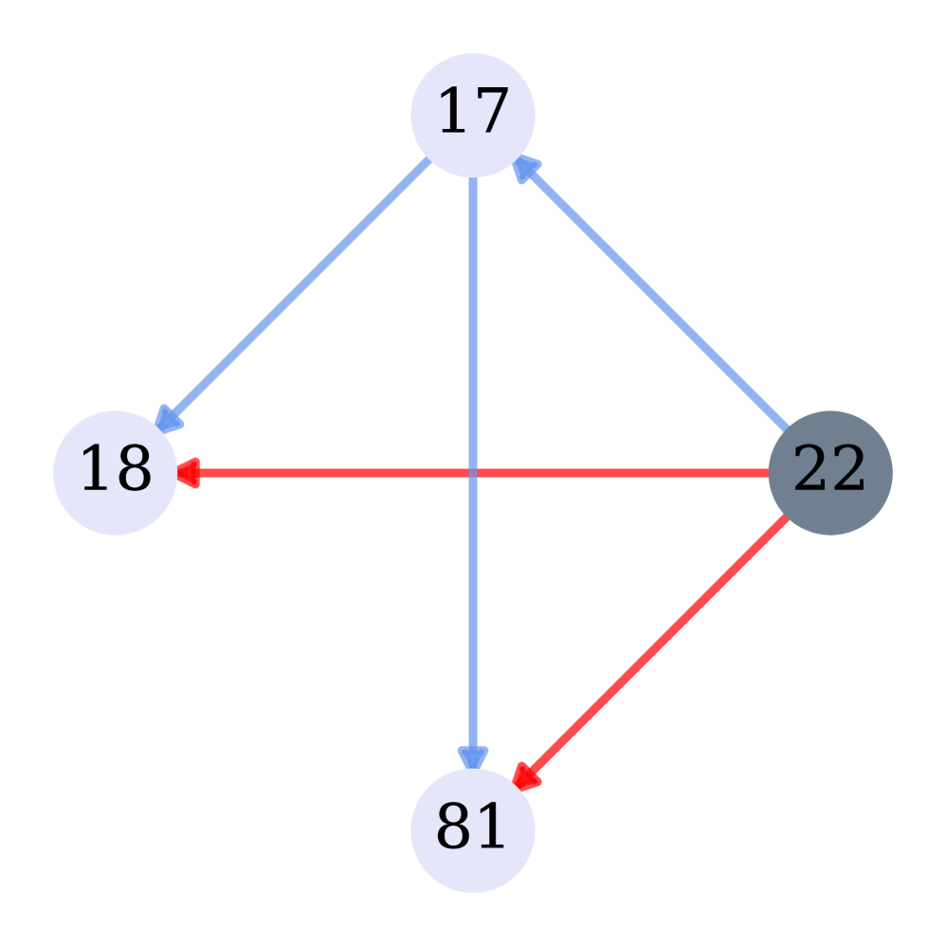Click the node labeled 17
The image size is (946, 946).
coord(472,115)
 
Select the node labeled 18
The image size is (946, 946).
coord(115,472)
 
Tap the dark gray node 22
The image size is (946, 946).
coord(829,472)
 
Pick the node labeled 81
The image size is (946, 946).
coord(472,829)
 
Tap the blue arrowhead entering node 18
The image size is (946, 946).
coord(167,420)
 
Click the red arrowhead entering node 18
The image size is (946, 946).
coord(188,472)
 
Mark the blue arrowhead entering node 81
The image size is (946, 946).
coord(472,756)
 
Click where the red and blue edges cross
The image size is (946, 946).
coord(472,472)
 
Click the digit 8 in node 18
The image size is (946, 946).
coord(134,471)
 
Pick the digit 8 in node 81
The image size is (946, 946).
coord(454,828)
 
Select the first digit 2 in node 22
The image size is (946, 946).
coord(811,471)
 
